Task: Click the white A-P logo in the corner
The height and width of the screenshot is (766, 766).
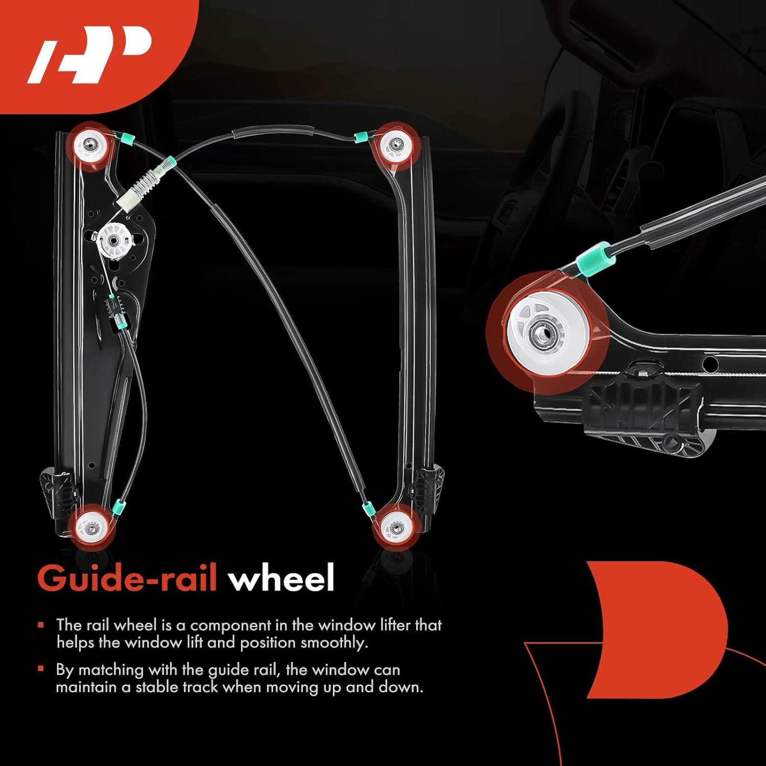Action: [x=90, y=54]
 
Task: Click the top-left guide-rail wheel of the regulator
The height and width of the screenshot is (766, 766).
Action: [x=91, y=147]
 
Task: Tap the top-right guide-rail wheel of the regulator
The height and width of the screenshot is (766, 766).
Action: [x=394, y=146]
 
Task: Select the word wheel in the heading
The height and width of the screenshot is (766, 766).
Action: [x=281, y=579]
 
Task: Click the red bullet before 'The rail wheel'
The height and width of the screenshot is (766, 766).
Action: [x=40, y=625]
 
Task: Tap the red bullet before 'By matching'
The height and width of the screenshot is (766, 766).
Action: [x=40, y=669]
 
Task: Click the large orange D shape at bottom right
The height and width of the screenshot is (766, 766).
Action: [x=659, y=628]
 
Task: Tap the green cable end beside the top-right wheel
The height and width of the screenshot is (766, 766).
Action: [x=362, y=136]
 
